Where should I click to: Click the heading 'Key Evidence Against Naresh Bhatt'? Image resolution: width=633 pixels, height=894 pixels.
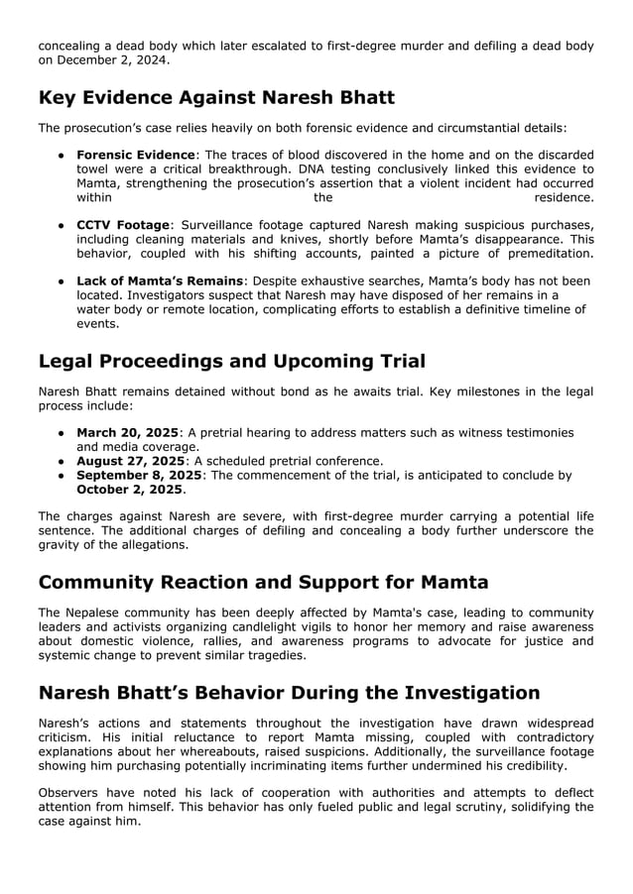point(216,97)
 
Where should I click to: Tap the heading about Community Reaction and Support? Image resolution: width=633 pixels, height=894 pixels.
point(263,582)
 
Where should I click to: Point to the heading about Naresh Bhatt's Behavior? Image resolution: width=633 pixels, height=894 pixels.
point(289,692)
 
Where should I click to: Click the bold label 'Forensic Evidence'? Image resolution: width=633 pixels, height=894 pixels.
point(136,156)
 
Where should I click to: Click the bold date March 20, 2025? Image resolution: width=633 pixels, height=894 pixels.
point(127,433)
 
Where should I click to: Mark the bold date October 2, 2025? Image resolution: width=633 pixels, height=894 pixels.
point(129,490)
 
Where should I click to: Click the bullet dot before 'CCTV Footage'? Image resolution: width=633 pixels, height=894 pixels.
point(62,226)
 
